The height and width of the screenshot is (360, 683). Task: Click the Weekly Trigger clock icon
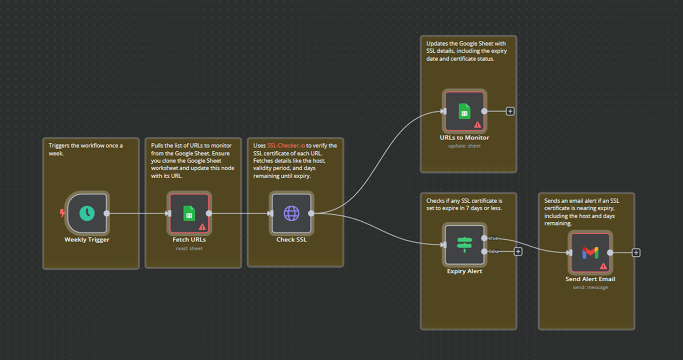[x=87, y=213]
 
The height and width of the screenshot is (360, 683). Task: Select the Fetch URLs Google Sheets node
[x=189, y=213]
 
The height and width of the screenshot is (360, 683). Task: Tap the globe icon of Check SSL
[x=291, y=213]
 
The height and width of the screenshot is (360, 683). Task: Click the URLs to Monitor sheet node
[x=464, y=111]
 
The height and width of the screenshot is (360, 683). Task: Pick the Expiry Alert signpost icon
[x=464, y=244]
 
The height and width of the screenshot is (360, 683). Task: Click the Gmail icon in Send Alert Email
[x=590, y=252]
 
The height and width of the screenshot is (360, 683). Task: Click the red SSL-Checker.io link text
[x=286, y=145]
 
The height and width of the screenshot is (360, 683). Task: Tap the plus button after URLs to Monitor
[x=510, y=111]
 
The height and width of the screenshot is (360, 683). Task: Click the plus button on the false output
[x=518, y=251]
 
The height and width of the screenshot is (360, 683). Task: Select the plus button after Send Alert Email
[x=636, y=252]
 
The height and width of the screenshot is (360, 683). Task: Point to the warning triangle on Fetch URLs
[x=202, y=226]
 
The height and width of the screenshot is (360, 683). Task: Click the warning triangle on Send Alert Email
[x=603, y=266]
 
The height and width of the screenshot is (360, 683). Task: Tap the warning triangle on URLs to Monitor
[x=477, y=124]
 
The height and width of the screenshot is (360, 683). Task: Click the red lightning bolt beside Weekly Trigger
[x=62, y=213]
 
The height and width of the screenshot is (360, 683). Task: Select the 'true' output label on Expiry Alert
[x=493, y=238]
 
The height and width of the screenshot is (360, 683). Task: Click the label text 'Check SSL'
[x=291, y=239]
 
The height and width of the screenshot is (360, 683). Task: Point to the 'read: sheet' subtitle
[x=189, y=248]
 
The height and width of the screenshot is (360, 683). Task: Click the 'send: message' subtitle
[x=590, y=287]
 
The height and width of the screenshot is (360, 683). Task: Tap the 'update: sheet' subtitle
[x=464, y=146]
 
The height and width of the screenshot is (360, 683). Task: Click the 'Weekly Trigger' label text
[x=87, y=239]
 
